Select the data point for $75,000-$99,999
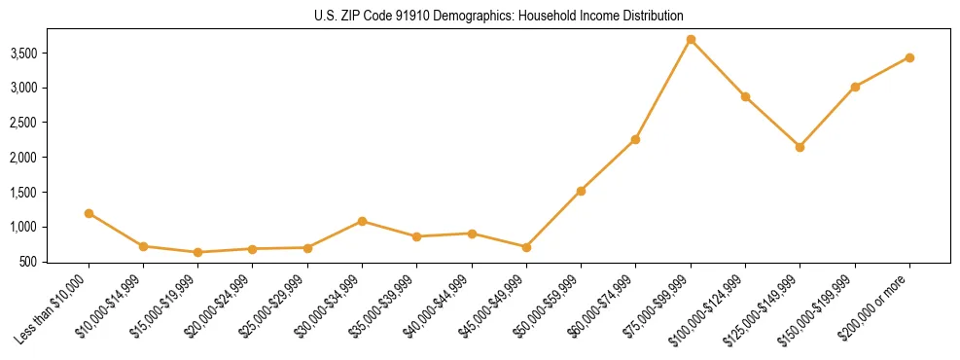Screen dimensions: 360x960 click(x=691, y=40)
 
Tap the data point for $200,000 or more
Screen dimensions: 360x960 click(x=909, y=57)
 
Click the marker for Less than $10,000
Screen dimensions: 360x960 click(x=89, y=213)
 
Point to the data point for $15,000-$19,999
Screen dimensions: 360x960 click(x=198, y=252)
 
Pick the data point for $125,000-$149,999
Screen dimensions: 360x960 click(x=800, y=147)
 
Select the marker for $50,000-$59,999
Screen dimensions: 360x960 click(x=581, y=191)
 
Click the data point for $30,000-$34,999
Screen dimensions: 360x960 click(x=362, y=221)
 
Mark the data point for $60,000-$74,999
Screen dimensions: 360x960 click(x=635, y=139)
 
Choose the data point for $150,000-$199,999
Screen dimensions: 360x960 click(x=855, y=87)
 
